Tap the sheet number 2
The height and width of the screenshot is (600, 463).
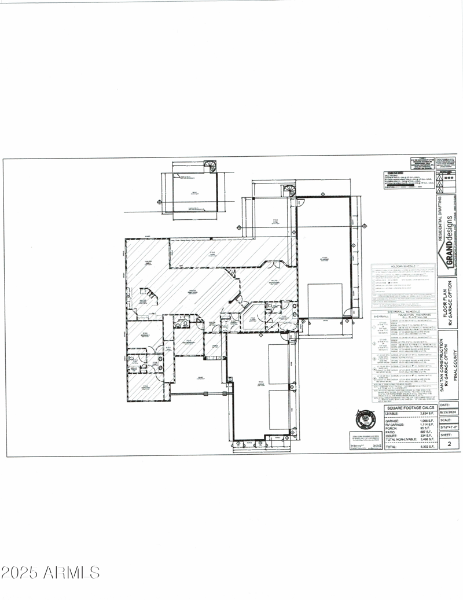[449, 445]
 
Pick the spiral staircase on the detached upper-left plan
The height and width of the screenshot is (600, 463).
[211, 167]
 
